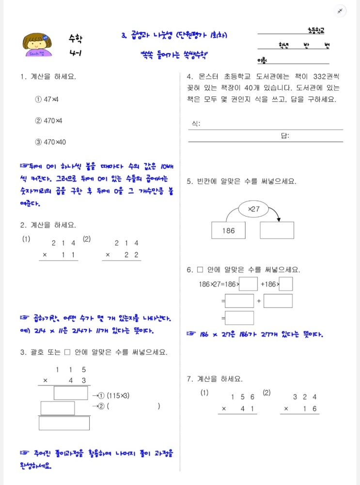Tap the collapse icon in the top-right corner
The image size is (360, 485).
[340, 11]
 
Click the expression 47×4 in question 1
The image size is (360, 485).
[50, 99]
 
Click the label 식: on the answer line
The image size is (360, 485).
[196, 124]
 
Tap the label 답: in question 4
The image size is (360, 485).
[285, 136]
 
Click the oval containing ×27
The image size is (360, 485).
[253, 209]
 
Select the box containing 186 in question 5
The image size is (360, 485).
[228, 230]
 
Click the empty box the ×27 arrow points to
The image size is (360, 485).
[277, 230]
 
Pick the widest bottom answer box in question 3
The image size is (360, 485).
[64, 423]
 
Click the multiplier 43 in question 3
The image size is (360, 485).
[79, 381]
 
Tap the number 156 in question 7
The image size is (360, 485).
[238, 397]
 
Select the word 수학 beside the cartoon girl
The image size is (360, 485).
[75, 38]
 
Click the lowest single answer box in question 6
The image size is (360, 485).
[239, 318]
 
